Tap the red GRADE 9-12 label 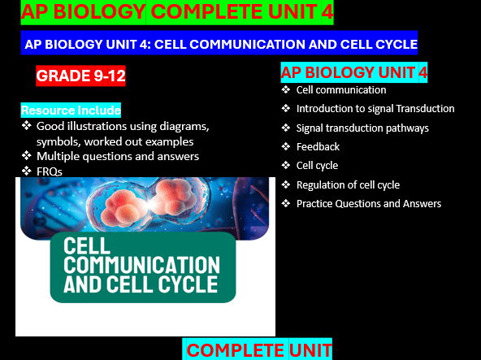(x=81, y=76)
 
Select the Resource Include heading (x=71, y=110)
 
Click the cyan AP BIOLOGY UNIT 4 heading (x=354, y=72)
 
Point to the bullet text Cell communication (x=340, y=90)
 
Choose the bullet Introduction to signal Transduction (x=375, y=109)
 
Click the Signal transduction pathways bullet (x=362, y=128)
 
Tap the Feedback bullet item (x=318, y=146)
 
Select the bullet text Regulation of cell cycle (x=348, y=184)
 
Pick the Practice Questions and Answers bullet (x=368, y=203)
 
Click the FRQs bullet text (x=50, y=171)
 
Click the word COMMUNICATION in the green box (x=141, y=265)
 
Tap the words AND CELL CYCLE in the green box (x=141, y=284)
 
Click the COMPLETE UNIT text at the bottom (x=259, y=350)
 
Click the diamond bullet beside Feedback (x=285, y=146)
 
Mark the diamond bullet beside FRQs (x=27, y=171)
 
